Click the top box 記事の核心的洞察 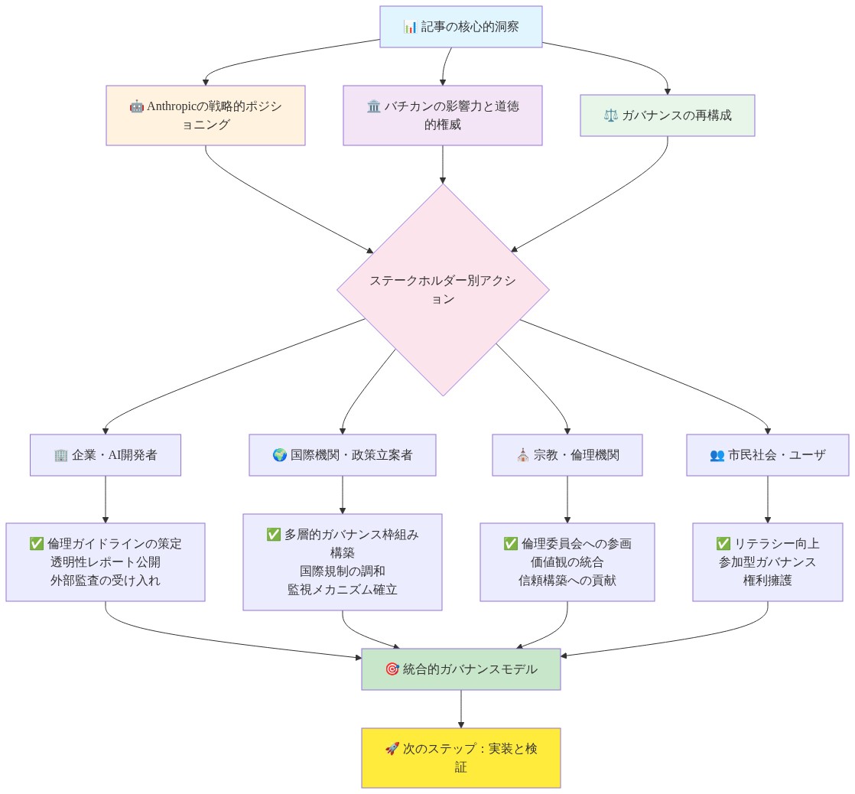(x=460, y=27)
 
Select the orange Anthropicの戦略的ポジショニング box (x=206, y=115)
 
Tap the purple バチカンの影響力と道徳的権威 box (x=442, y=115)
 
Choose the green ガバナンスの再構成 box (x=668, y=115)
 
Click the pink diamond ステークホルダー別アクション (x=443, y=290)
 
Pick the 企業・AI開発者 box (x=106, y=455)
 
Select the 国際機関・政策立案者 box (x=343, y=455)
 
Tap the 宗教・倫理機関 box (x=567, y=455)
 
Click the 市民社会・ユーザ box (x=767, y=455)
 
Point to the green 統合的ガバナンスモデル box (x=460, y=669)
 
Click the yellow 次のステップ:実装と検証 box (x=460, y=757)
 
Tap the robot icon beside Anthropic (x=136, y=106)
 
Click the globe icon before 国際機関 (x=280, y=455)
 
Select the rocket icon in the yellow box (x=392, y=749)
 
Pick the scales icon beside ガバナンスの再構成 (x=611, y=116)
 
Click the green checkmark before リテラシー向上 (x=723, y=544)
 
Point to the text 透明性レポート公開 (x=106, y=562)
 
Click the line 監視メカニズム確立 (x=343, y=590)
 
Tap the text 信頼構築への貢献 (x=567, y=581)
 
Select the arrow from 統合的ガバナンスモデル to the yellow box (x=460, y=709)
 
